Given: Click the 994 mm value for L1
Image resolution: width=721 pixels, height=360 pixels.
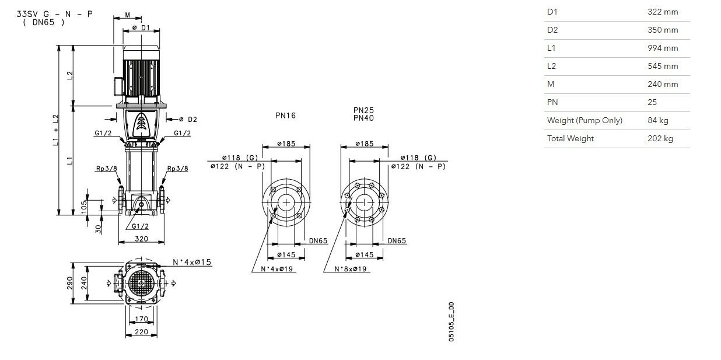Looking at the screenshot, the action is (x=663, y=48).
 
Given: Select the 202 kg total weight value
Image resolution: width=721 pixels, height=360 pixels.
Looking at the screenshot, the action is (x=660, y=138).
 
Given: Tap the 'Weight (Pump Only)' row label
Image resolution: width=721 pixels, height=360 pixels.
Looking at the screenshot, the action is (x=584, y=120).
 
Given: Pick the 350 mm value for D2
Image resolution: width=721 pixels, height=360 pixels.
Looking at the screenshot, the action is (x=663, y=30).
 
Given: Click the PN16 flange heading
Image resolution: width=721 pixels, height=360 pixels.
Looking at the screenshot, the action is (x=285, y=116).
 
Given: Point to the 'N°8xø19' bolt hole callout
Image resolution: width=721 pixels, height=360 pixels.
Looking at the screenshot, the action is (x=351, y=269).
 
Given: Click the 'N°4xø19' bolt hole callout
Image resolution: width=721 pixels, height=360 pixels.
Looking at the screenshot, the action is (x=277, y=269).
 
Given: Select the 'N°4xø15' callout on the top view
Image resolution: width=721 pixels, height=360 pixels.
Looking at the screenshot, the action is (x=192, y=262).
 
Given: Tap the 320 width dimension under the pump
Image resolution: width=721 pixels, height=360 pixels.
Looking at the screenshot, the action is (x=141, y=239).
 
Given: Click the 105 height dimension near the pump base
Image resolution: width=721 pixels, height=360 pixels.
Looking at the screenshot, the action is (x=84, y=207).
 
